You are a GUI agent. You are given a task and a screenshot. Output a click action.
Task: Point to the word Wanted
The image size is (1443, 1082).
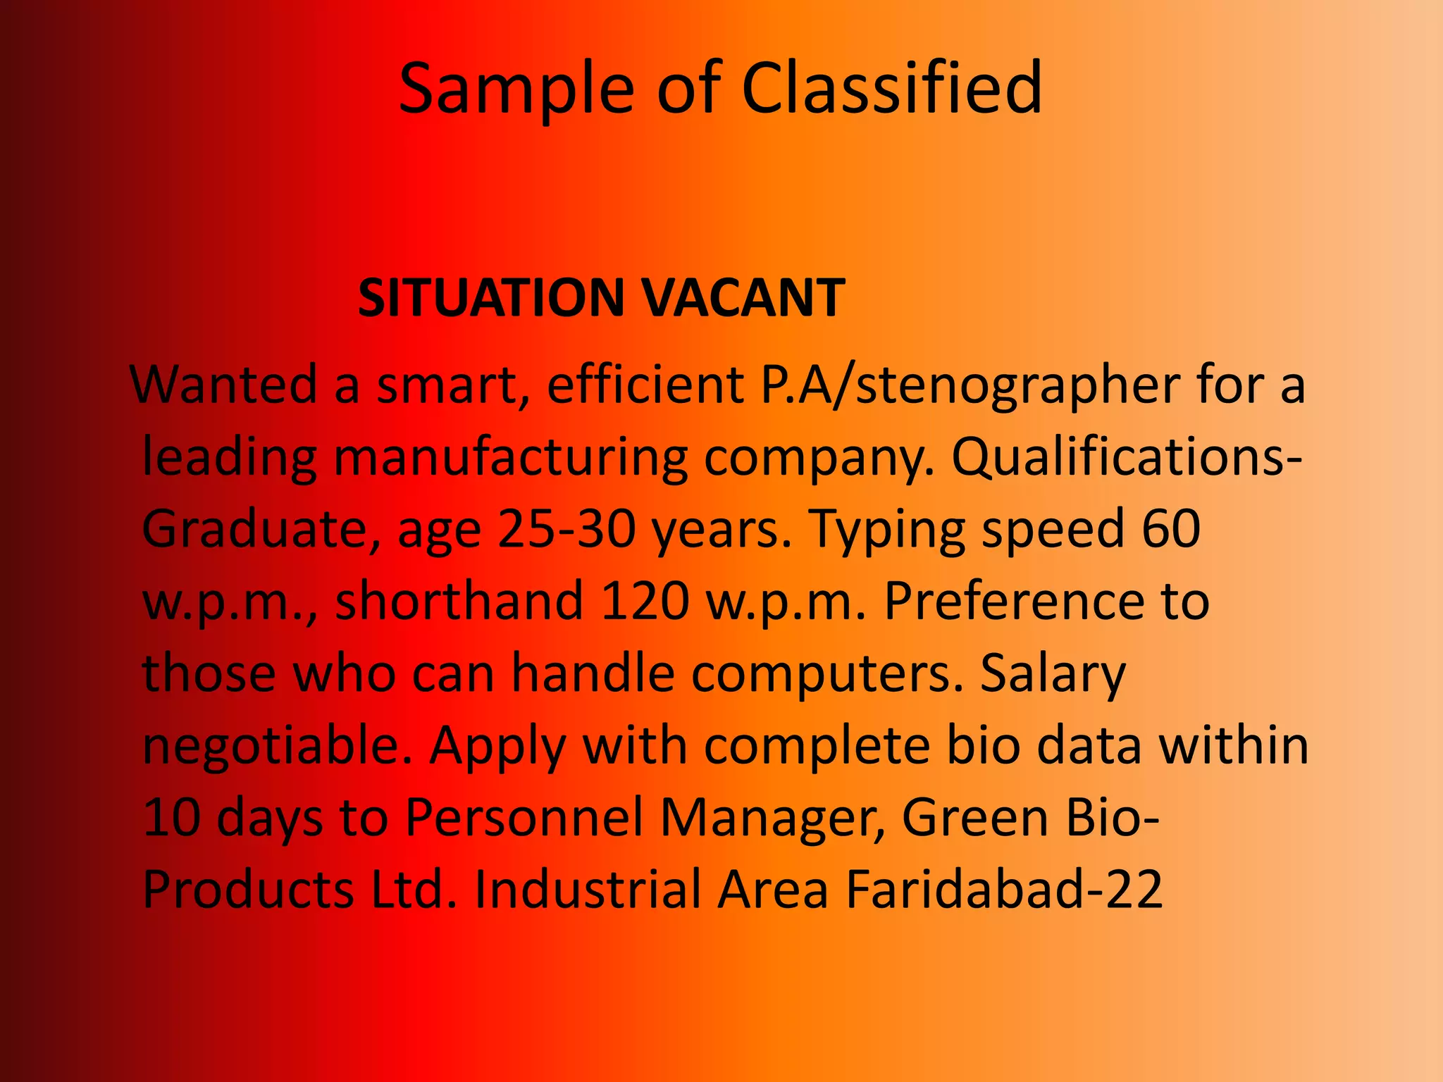225,385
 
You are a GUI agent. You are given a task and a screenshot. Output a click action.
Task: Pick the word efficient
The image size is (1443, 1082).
645,385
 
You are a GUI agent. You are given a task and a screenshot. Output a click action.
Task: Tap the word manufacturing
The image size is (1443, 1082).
510,458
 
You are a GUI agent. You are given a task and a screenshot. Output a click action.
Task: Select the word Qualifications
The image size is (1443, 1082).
1120,458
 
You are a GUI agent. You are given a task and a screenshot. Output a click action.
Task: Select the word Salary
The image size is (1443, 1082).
1053,675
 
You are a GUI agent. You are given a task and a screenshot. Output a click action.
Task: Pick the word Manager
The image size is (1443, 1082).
772,819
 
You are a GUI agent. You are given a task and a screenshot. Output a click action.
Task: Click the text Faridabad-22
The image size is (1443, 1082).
1004,890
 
